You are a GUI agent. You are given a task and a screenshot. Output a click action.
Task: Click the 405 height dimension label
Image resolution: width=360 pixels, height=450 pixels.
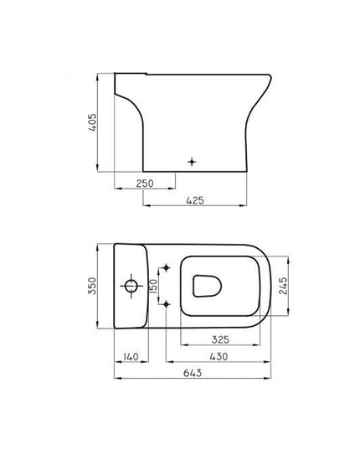coord(92,122)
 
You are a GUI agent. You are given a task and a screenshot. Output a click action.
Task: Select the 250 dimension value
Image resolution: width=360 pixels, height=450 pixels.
coord(145,183)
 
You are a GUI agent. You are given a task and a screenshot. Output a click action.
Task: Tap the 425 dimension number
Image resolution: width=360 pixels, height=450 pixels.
coord(195,200)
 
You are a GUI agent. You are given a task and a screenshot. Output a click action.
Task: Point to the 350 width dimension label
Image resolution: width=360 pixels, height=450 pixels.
coord(92,286)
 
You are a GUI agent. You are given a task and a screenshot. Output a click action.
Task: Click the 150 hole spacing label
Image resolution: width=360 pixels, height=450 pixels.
coord(154,286)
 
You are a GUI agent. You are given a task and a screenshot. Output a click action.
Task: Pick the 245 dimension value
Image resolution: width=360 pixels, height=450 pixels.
coord(283,286)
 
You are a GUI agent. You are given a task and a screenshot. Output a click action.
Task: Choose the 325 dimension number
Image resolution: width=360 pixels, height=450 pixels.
coord(220,339)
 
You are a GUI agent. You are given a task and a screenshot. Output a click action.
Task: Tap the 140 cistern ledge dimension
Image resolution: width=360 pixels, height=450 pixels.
coord(131,356)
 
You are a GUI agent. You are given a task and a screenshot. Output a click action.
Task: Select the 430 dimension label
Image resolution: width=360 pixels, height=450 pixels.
coord(219,356)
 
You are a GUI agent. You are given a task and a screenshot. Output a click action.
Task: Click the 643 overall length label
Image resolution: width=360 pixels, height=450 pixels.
coord(193,373)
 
